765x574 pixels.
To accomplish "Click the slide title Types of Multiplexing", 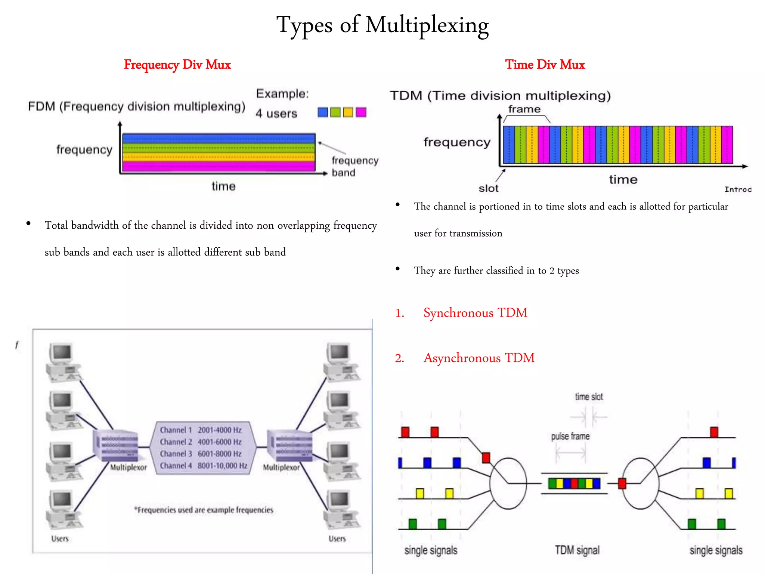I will (x=382, y=25).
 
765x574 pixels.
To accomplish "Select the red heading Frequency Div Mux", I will (x=177, y=65).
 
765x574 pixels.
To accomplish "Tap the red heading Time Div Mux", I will (x=545, y=65).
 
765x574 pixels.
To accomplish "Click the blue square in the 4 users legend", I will (x=322, y=112).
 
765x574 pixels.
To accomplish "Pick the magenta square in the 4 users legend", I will (x=361, y=112).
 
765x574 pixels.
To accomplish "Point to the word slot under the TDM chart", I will (x=488, y=188).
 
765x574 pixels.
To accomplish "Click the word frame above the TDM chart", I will (x=524, y=109).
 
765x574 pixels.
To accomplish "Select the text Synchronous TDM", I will (x=475, y=313).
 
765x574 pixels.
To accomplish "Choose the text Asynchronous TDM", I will (x=479, y=358).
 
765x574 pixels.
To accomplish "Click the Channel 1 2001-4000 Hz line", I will (x=201, y=430).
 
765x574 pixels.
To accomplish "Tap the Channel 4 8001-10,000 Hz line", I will (x=204, y=466).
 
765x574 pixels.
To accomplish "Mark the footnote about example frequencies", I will (x=204, y=510).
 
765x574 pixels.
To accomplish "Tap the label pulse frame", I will (x=570, y=436).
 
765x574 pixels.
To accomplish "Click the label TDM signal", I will (x=577, y=550).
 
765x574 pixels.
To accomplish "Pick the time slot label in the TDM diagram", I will (x=589, y=397).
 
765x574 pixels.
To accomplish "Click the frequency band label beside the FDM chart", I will (x=354, y=167).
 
